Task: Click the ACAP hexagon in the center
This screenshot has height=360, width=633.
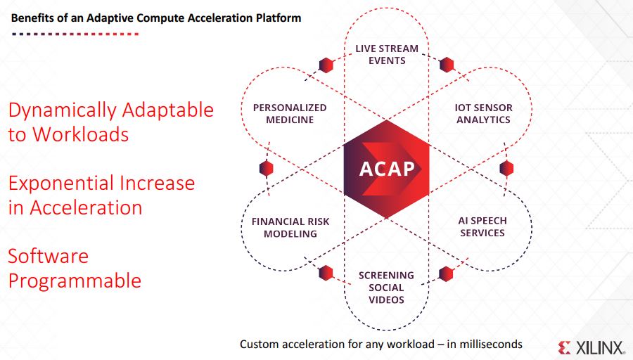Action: [386, 169]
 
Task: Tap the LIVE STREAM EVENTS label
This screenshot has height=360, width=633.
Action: [387, 54]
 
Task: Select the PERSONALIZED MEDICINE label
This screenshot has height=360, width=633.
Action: [290, 114]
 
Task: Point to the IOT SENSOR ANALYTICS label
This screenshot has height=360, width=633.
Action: [484, 114]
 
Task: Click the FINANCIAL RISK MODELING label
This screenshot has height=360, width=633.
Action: [290, 228]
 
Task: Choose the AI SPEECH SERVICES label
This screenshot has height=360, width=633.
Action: [482, 227]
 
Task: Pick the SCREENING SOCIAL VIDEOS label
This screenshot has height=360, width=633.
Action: [386, 288]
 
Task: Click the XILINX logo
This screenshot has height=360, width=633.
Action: [592, 348]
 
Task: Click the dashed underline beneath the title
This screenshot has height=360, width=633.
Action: [75, 34]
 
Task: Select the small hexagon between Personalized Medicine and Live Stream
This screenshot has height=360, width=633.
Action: [326, 65]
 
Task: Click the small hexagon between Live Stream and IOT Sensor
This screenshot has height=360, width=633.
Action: [447, 65]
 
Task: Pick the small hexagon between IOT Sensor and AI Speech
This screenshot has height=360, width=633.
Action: [506, 168]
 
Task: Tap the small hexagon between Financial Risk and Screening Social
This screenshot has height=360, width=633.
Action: [326, 273]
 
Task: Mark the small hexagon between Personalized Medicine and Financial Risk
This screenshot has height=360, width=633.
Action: [266, 168]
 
